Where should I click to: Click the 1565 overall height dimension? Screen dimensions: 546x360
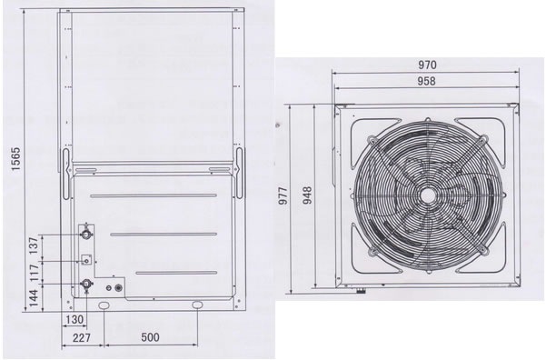(x=16, y=159)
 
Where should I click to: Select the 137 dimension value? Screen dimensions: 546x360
(x=34, y=245)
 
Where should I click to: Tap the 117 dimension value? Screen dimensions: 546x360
(x=34, y=273)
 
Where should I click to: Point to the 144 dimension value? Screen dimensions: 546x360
(x=34, y=297)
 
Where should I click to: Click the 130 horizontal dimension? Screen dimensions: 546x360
(x=74, y=320)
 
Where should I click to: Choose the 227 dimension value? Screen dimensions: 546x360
(x=82, y=337)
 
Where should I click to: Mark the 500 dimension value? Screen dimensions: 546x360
(x=151, y=337)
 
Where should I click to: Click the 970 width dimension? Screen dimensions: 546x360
(x=427, y=65)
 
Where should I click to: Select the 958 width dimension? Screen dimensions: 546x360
(x=427, y=81)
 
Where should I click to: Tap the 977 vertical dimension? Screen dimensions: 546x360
(x=283, y=195)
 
